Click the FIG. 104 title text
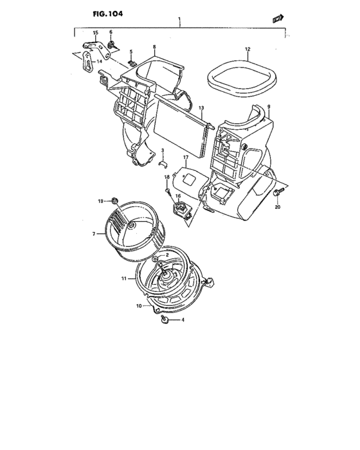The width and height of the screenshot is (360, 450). (x=93, y=13)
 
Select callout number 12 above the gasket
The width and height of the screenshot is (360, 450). (x=247, y=49)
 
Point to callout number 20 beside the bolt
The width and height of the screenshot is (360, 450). (x=278, y=208)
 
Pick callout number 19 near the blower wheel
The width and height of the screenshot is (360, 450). (x=101, y=202)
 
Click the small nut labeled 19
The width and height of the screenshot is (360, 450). (x=114, y=201)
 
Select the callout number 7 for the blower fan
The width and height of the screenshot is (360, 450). (x=94, y=234)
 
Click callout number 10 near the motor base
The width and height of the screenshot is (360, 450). (x=138, y=307)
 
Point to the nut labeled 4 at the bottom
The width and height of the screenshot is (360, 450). (x=165, y=319)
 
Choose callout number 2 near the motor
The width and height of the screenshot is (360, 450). (x=167, y=255)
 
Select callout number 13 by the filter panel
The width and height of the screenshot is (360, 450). (x=201, y=108)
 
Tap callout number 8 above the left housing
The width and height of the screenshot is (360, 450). (x=154, y=47)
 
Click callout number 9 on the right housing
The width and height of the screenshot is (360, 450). (x=269, y=107)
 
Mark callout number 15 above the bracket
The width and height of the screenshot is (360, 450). (x=95, y=32)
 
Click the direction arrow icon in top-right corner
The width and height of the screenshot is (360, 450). (x=278, y=20)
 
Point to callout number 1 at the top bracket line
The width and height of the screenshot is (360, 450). (x=180, y=21)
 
